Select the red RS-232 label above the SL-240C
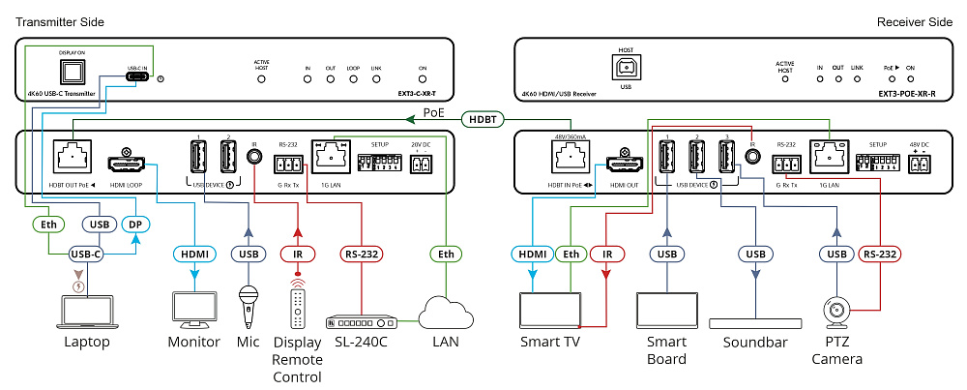click(361, 255)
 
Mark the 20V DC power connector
click(420, 165)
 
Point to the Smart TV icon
click(548, 310)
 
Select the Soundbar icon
click(755, 323)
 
